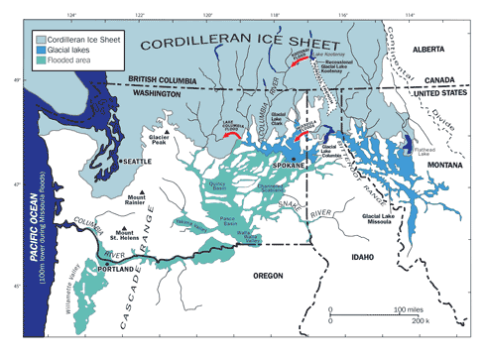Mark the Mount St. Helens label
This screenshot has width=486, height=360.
pos(129,235)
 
